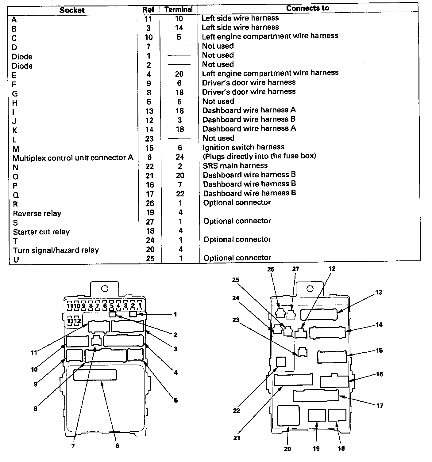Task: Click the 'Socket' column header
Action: pyautogui.click(x=72, y=10)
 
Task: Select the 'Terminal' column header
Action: pyautogui.click(x=179, y=9)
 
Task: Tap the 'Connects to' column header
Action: pyautogui.click(x=307, y=8)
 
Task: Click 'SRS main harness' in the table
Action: pyautogui.click(x=235, y=166)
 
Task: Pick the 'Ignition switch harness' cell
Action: pyautogui.click(x=243, y=147)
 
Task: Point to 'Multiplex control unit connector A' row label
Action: pyautogui.click(x=73, y=158)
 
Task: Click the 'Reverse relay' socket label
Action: pyautogui.click(x=37, y=213)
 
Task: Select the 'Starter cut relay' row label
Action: pyautogui.click(x=41, y=232)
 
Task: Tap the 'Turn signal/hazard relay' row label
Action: pyautogui.click(x=56, y=250)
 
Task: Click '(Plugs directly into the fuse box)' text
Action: pyautogui.click(x=259, y=156)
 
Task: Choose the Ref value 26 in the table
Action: pyautogui.click(x=150, y=203)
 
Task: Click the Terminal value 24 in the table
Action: pyautogui.click(x=180, y=157)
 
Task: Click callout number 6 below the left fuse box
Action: pyautogui.click(x=117, y=446)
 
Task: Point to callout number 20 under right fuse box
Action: pyautogui.click(x=287, y=449)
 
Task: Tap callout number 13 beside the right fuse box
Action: pyautogui.click(x=379, y=292)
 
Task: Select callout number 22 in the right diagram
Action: pyautogui.click(x=236, y=411)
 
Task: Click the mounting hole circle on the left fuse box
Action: pyautogui.click(x=105, y=289)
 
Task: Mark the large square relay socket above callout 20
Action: pyautogui.click(x=288, y=415)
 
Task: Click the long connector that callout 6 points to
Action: pyautogui.click(x=95, y=375)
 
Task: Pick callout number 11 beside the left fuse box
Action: pyautogui.click(x=34, y=353)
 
